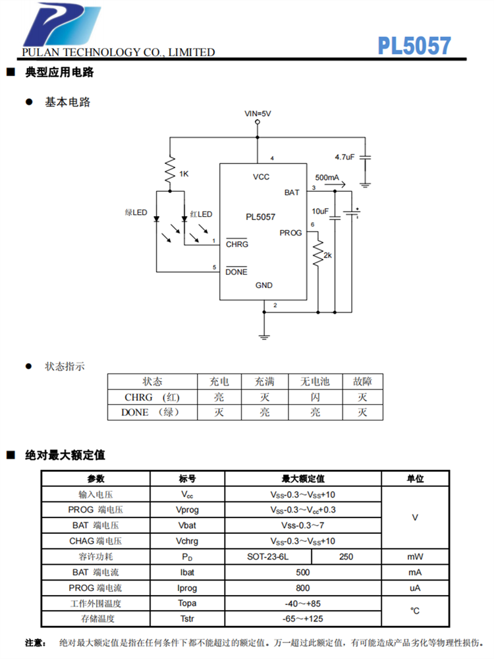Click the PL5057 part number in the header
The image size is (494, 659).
coord(414,45)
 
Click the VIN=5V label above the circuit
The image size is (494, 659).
coord(258,113)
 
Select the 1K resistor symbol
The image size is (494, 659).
coord(170,169)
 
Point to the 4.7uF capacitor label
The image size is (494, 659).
coord(345,158)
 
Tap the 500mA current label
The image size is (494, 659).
coord(327,178)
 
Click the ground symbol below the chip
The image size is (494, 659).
coord(264,337)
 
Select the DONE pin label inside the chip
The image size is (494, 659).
coord(236,272)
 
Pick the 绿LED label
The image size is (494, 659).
coord(136,213)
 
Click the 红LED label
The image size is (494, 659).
coord(201,214)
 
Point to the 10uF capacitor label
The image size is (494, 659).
coord(320,212)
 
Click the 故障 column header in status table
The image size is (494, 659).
coord(362,382)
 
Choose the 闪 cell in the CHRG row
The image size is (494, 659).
coord(316,397)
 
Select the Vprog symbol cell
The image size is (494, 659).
coord(187,509)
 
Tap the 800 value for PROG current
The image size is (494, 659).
coord(303,588)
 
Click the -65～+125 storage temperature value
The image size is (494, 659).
coord(303,619)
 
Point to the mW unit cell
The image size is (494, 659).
coord(415,557)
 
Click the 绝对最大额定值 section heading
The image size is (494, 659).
coord(65,455)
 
